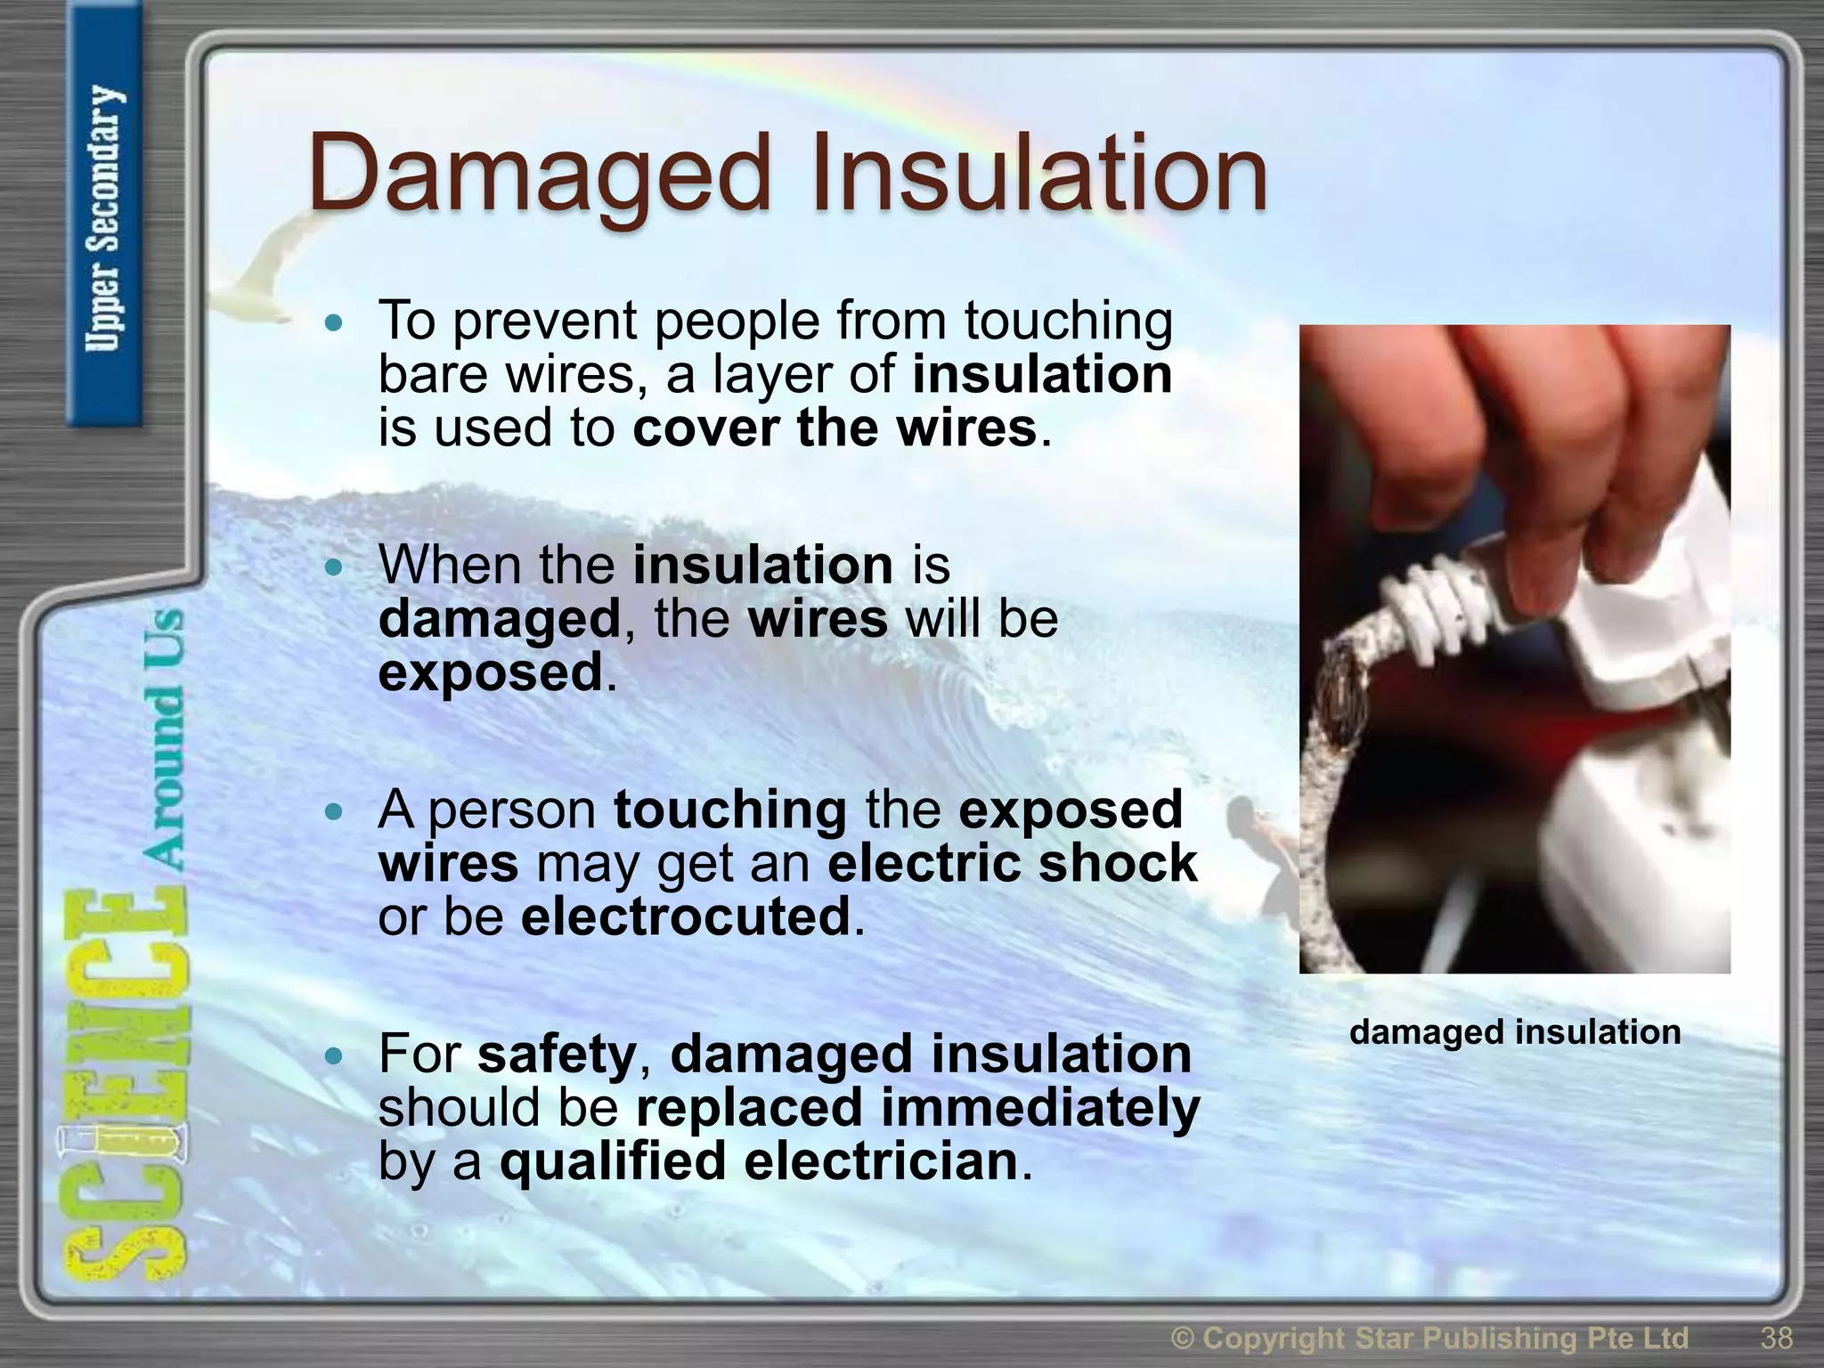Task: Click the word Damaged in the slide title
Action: [x=538, y=174]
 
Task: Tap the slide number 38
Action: [x=1776, y=1338]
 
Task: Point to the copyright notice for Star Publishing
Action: [x=1429, y=1338]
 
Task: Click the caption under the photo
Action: [x=1514, y=1032]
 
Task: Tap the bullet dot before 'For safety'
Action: [x=334, y=1056]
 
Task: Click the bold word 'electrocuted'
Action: [x=686, y=917]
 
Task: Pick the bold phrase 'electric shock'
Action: [x=1012, y=863]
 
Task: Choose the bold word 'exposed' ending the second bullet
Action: [x=491, y=672]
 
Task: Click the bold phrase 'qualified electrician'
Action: [x=758, y=1162]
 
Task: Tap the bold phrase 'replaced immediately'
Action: [x=917, y=1108]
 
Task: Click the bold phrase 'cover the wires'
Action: [x=835, y=428]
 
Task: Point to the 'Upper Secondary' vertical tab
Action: [x=103, y=218]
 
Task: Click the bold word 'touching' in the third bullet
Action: [x=730, y=810]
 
